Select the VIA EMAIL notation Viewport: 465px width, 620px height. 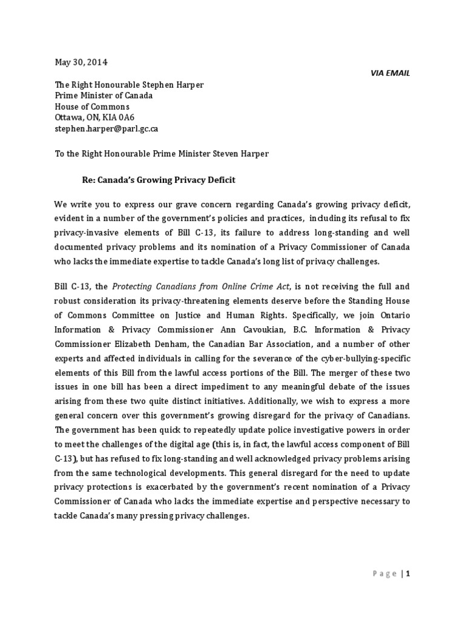(390, 73)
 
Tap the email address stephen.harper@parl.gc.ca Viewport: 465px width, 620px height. (107, 129)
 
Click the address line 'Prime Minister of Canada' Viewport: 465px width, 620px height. (104, 96)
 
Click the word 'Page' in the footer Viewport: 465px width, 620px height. (384, 574)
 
